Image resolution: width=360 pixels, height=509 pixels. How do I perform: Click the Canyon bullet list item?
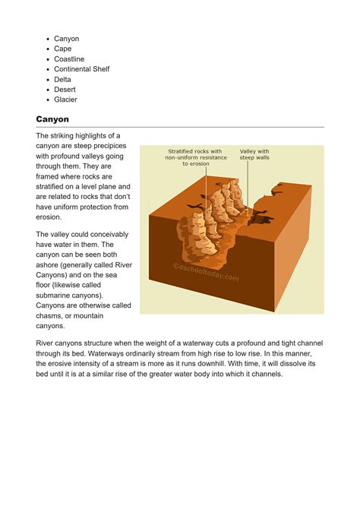click(x=67, y=39)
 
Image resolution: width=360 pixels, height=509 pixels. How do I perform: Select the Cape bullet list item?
click(x=63, y=49)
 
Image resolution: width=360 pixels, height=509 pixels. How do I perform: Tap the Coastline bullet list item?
click(x=70, y=59)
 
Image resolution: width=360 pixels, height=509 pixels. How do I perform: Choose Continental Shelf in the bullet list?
click(x=82, y=69)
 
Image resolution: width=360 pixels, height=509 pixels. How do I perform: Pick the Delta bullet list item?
click(x=63, y=79)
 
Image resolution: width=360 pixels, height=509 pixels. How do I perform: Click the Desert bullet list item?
click(x=66, y=90)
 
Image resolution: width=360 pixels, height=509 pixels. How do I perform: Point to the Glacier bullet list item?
click(x=66, y=100)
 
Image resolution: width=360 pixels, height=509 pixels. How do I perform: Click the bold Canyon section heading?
click(x=52, y=119)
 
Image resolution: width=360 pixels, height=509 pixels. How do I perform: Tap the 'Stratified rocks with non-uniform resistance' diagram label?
click(x=195, y=157)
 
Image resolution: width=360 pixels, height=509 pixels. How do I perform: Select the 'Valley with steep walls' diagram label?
click(x=254, y=154)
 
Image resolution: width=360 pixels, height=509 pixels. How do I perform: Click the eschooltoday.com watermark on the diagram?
click(x=206, y=271)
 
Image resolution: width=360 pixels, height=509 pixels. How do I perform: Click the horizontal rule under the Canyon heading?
click(x=180, y=128)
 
